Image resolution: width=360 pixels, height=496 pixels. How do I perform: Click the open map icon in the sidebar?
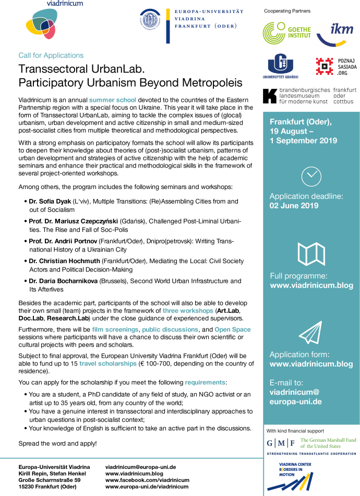311,254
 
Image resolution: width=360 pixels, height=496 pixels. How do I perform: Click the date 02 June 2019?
294,205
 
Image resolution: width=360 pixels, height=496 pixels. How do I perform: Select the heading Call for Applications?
51,55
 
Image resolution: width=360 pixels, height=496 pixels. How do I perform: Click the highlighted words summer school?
113,99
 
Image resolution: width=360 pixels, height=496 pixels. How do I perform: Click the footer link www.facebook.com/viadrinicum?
147,480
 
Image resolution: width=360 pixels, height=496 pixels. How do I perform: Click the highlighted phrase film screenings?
115,329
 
